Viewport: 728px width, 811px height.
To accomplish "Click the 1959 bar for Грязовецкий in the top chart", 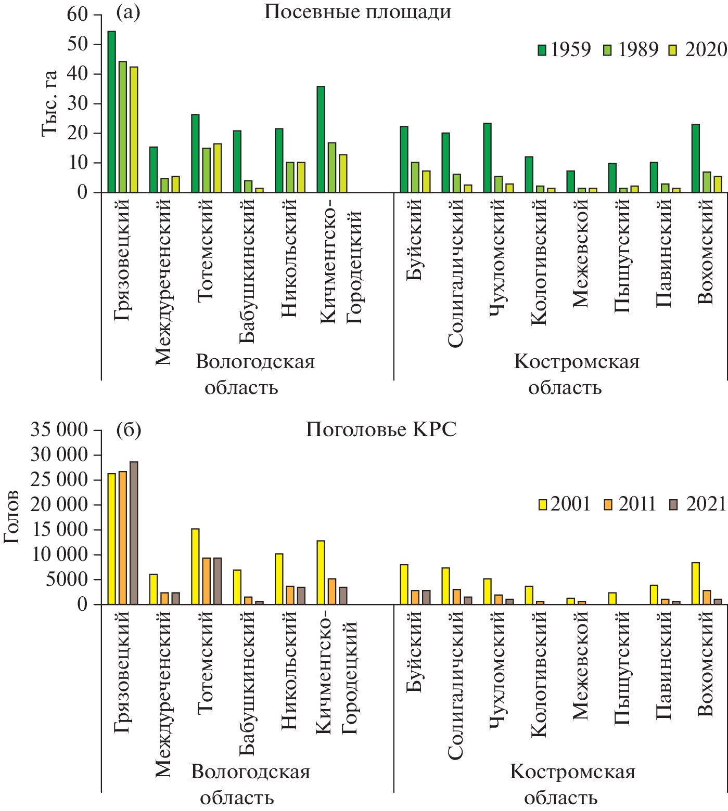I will pos(112,112).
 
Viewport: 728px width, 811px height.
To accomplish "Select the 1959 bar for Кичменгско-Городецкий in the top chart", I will pos(321,139).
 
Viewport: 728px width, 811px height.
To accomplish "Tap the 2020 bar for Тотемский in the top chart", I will pos(218,168).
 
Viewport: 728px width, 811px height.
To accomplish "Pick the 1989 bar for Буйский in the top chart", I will pos(415,177).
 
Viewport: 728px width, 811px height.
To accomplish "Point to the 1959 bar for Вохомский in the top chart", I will pos(696,158).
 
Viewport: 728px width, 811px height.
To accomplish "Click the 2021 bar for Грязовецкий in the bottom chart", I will pos(134,533).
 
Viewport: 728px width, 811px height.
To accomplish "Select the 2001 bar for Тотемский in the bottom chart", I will pos(195,567).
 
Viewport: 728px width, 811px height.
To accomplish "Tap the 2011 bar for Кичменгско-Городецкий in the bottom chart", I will pos(332,592).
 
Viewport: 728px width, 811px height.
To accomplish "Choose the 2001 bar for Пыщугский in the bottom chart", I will pos(612,598).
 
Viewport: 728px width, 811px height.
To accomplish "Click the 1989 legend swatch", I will pos(607,50).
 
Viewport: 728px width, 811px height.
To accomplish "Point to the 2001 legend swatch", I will pos(543,504).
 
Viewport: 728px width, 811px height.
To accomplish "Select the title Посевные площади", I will pos(357,11).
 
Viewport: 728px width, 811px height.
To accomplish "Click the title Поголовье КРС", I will pos(381,429).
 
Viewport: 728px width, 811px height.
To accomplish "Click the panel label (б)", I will pos(129,430).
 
